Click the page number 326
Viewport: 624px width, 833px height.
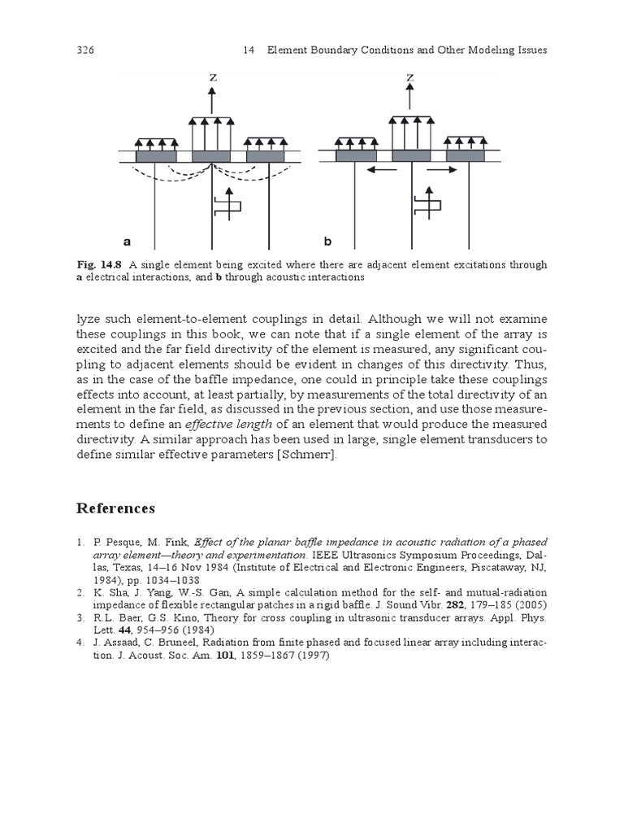(x=85, y=50)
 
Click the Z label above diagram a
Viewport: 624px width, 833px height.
(x=212, y=78)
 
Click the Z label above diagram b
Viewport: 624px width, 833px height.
(x=411, y=78)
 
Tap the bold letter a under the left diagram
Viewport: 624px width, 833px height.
(x=127, y=242)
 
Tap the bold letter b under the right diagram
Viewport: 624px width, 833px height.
(x=327, y=242)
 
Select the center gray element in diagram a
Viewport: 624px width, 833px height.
(x=211, y=155)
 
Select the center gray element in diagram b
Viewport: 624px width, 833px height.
(x=411, y=155)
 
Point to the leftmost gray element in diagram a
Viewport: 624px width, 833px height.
(x=155, y=155)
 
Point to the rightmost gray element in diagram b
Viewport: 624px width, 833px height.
(x=466, y=155)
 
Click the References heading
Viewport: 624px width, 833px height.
(x=115, y=508)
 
